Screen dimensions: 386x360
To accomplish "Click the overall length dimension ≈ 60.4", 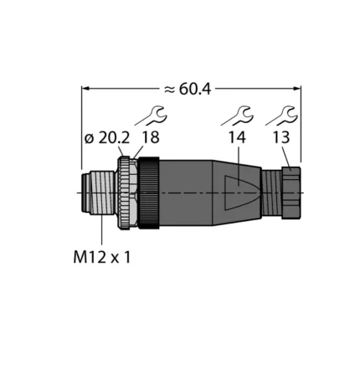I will click(192, 86).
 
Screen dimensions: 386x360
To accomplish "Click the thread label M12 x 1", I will click(100, 257).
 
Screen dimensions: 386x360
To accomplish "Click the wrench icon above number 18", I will click(157, 115).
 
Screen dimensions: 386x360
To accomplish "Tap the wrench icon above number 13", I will click(286, 115).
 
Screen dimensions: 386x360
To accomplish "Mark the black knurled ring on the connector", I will click(148, 193).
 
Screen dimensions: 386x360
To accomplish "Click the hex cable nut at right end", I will click(291, 193).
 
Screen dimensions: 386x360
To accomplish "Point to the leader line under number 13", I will click(286, 157).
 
